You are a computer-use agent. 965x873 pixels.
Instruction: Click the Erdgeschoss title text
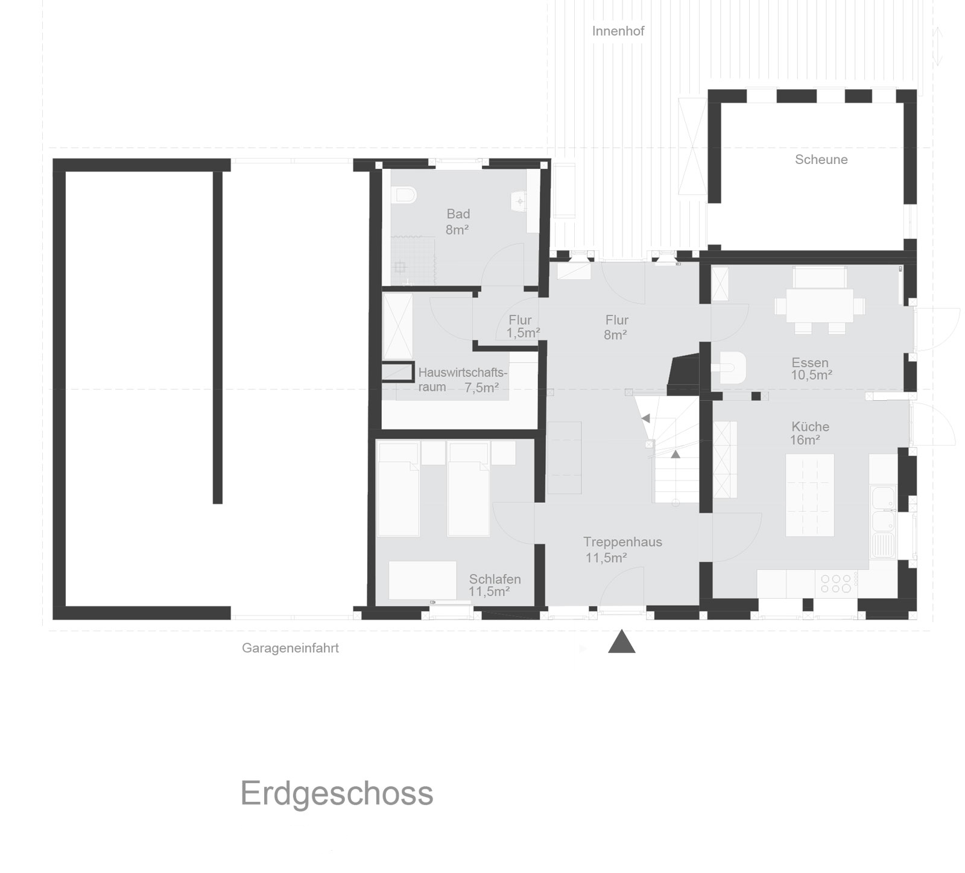(x=337, y=795)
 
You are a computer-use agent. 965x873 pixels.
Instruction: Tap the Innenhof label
(x=618, y=31)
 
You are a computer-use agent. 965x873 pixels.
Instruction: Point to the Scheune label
(x=821, y=160)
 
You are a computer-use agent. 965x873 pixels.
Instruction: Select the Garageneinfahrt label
(x=290, y=649)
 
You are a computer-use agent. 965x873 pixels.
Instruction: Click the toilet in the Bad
(x=404, y=195)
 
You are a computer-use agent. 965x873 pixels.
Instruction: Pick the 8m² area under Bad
(x=457, y=230)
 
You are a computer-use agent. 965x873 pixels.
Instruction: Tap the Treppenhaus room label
(x=622, y=542)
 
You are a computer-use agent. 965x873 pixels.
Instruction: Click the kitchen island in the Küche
(x=810, y=495)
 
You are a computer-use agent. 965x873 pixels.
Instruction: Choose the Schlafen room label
(x=495, y=579)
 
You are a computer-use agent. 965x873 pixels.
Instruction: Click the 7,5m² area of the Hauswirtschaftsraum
(x=481, y=388)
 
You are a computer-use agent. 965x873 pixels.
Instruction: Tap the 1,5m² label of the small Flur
(x=523, y=333)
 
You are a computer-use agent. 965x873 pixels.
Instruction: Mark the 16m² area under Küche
(x=805, y=440)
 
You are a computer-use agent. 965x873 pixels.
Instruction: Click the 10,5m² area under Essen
(x=812, y=375)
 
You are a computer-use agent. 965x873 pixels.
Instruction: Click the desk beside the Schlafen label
(x=422, y=580)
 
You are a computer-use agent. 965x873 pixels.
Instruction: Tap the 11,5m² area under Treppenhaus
(x=606, y=558)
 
